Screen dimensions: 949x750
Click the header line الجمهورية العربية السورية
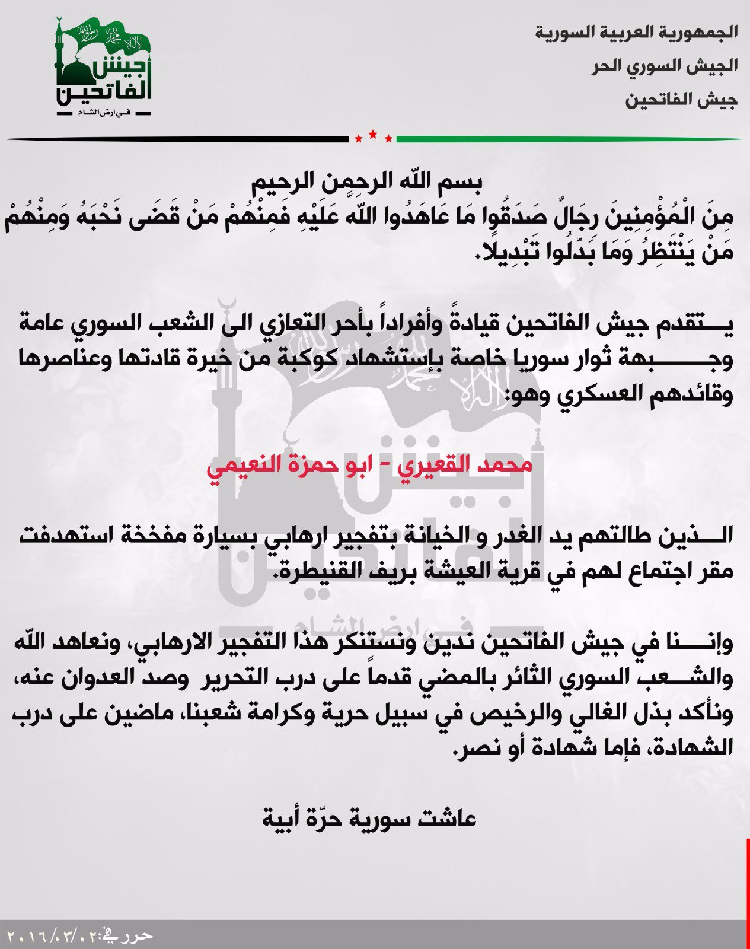point(636,32)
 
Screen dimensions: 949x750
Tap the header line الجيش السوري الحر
point(664,66)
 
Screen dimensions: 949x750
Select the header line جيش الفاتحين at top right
point(681,100)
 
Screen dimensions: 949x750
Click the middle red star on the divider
point(373,135)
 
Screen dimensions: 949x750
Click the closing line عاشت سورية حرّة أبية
point(369,819)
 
